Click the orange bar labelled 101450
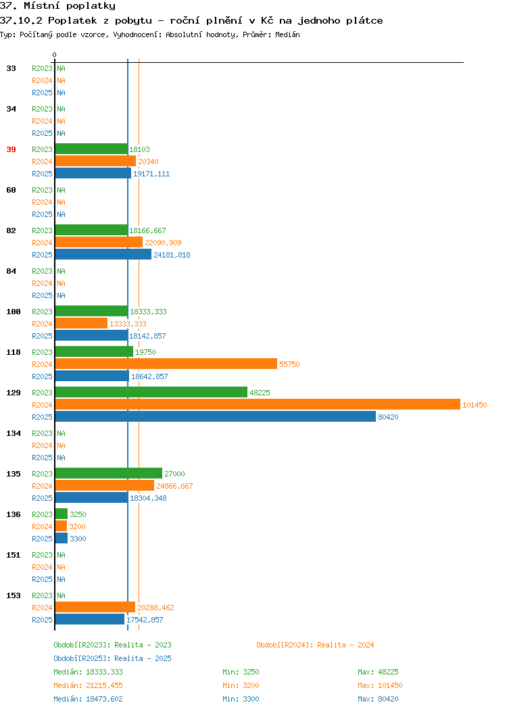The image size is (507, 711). (x=258, y=404)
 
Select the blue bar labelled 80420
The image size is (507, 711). (x=216, y=417)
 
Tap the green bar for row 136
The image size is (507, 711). (x=62, y=514)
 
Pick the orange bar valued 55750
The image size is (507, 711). (x=166, y=364)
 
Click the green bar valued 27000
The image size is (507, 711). (x=109, y=473)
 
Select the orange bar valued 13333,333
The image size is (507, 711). (x=81, y=323)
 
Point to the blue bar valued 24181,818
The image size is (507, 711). (x=103, y=254)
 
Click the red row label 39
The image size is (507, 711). (x=11, y=149)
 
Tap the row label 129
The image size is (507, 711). (x=14, y=393)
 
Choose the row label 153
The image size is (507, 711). (x=14, y=595)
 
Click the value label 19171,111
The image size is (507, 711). (x=151, y=174)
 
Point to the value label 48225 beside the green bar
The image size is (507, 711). (x=260, y=393)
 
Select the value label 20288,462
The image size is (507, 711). (x=155, y=608)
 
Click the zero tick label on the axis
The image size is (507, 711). (x=55, y=55)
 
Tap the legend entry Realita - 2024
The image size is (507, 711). (x=315, y=645)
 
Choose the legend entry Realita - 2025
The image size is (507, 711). (x=112, y=658)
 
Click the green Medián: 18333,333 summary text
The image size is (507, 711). (x=88, y=672)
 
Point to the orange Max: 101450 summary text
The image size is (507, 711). (x=380, y=685)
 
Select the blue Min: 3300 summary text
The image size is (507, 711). (x=241, y=700)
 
